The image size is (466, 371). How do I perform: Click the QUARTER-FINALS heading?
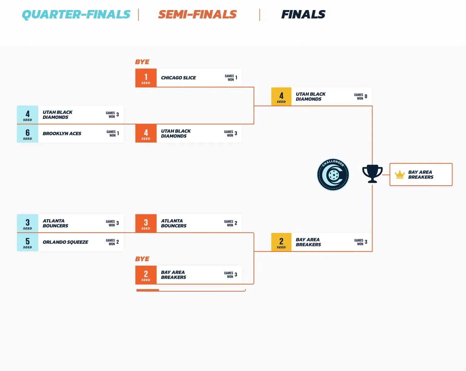click(76, 14)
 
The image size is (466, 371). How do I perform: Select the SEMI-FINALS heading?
click(197, 14)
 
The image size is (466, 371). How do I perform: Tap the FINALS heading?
click(303, 14)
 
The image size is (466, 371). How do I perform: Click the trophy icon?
click(372, 173)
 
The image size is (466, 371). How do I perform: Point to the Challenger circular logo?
click(333, 175)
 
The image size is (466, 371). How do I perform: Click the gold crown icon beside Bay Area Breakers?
click(400, 175)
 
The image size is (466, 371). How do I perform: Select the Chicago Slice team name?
click(178, 78)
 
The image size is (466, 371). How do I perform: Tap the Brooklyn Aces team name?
click(62, 133)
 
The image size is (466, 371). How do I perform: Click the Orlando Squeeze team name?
click(65, 242)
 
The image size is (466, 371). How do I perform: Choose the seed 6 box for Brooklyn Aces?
click(28, 133)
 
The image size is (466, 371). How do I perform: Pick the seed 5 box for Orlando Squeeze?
click(28, 242)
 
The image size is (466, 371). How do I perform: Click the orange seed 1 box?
click(146, 78)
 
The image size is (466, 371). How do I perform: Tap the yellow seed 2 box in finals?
click(281, 242)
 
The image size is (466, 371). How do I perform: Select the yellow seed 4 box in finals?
click(281, 97)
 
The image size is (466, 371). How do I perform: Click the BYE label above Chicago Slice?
click(142, 62)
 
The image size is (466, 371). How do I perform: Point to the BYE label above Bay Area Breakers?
click(142, 259)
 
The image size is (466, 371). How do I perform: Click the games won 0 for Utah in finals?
click(366, 96)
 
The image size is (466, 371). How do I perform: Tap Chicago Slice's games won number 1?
click(236, 78)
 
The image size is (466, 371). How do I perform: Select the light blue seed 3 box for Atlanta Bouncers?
click(28, 224)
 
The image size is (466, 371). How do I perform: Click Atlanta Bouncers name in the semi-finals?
click(174, 223)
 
